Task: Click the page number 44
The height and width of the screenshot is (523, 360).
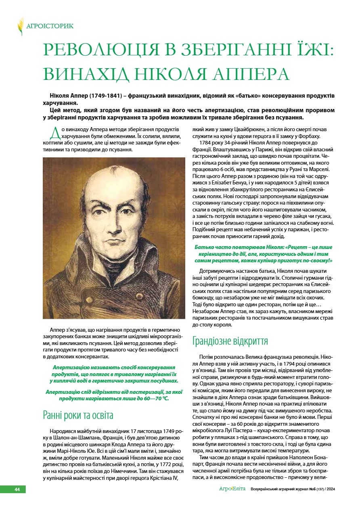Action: click(x=17, y=489)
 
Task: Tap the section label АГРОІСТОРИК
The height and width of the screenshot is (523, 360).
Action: click(x=50, y=26)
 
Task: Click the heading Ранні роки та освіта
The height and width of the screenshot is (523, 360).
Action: click(x=78, y=415)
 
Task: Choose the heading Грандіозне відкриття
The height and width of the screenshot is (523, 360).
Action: click(x=230, y=341)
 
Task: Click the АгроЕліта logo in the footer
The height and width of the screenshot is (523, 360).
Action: click(x=232, y=489)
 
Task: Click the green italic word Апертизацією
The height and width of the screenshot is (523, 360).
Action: click(x=71, y=368)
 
